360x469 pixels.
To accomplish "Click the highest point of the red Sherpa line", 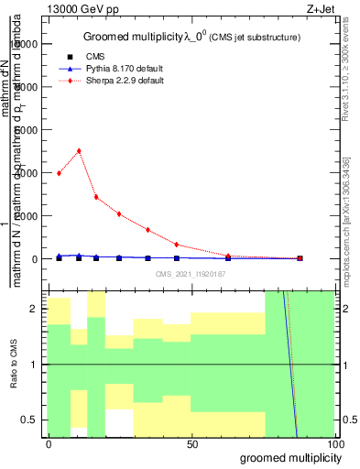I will point(79,151).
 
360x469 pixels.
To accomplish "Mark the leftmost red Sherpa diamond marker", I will point(60,173).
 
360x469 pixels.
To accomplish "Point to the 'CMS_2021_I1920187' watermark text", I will point(190,274).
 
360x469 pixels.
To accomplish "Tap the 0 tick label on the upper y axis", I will point(36,258).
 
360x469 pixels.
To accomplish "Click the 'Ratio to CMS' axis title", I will point(14,365).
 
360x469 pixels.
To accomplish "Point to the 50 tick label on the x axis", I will point(191,443).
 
